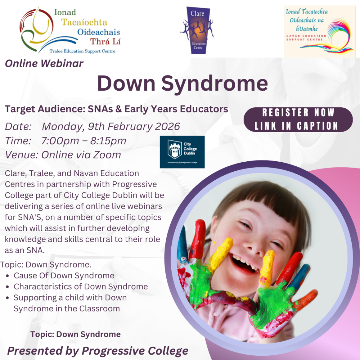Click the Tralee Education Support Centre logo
(70, 30)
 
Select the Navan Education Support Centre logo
(320, 32)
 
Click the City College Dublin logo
(182, 152)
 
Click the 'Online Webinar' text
(44, 64)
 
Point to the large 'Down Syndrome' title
(183, 84)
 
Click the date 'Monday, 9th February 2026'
(111, 127)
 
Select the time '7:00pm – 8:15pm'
(84, 141)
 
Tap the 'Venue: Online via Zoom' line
(63, 155)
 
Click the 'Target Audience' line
(116, 109)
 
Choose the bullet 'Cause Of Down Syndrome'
(64, 276)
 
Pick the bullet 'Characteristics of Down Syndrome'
(81, 287)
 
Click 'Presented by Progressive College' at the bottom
(98, 351)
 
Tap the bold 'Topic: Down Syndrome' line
(76, 334)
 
